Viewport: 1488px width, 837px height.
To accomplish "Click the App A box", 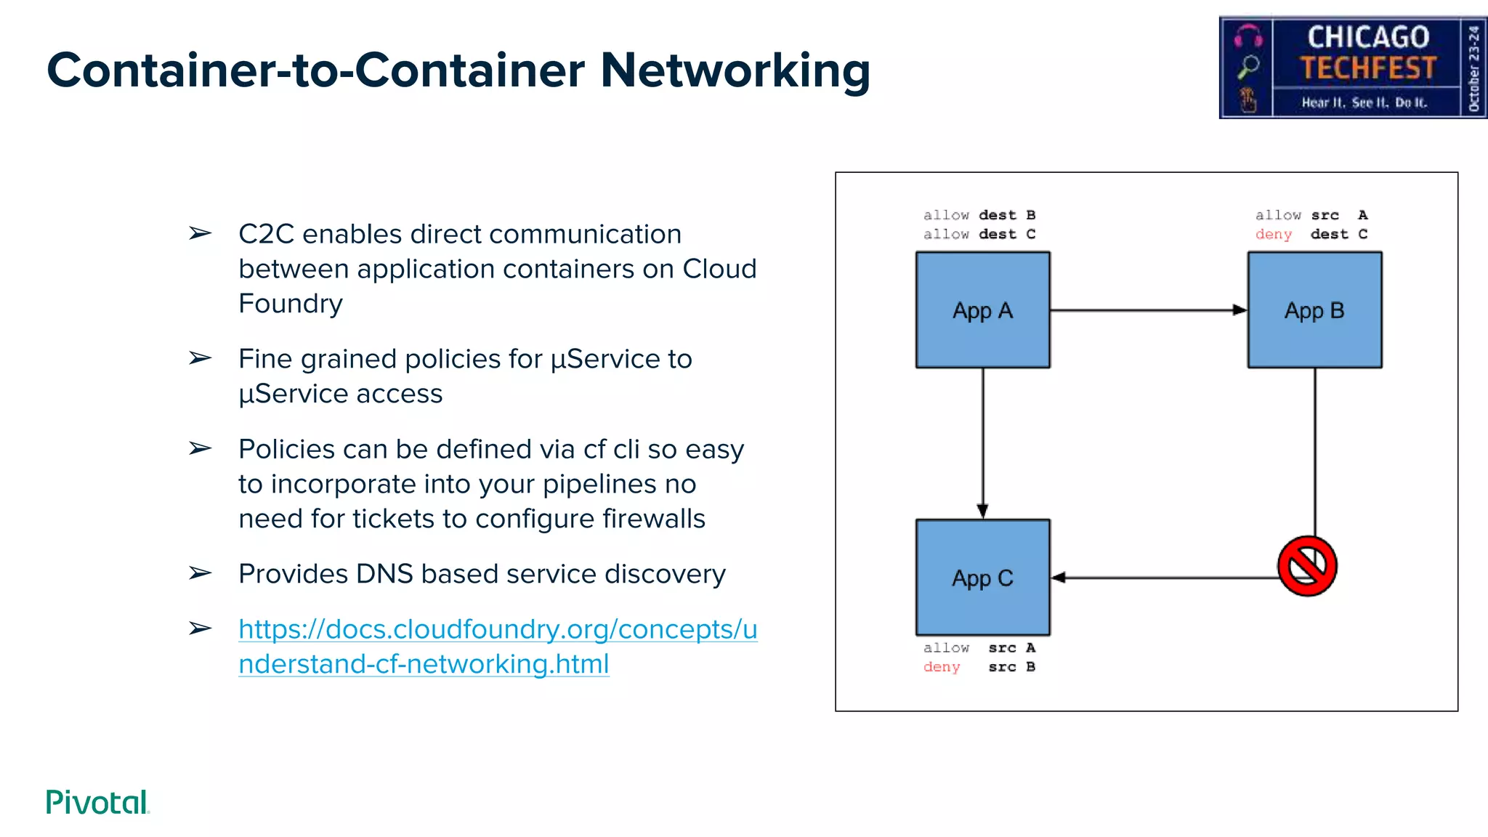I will [982, 310].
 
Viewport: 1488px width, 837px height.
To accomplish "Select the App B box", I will [1314, 310].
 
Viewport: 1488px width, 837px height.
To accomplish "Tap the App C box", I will [982, 578].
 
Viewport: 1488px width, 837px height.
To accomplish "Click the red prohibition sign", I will [1307, 566].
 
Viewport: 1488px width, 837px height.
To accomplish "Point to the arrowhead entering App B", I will [1240, 310].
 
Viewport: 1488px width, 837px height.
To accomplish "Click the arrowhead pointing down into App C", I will [982, 511].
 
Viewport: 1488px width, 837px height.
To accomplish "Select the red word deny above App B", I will [1273, 235].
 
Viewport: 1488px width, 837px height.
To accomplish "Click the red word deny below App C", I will [942, 667].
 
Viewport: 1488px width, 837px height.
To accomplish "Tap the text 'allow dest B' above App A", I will [979, 215].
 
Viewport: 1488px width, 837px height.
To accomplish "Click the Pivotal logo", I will [97, 802].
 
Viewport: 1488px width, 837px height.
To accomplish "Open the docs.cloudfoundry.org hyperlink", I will [497, 630].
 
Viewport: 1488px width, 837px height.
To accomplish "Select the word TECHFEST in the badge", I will [1367, 68].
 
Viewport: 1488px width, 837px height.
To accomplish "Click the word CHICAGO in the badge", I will [1367, 36].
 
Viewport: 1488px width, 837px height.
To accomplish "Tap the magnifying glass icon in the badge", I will [1248, 66].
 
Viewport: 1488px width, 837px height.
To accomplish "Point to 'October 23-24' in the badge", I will [1473, 68].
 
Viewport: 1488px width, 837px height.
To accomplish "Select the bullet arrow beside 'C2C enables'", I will [200, 233].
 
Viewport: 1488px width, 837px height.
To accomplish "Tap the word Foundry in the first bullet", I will [291, 304].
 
